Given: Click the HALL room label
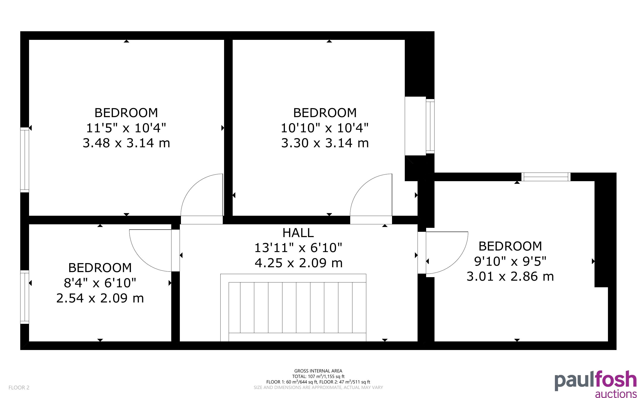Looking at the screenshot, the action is point(298,233).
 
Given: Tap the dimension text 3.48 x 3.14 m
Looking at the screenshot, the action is point(126,143).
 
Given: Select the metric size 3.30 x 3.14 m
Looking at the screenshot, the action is point(325,143).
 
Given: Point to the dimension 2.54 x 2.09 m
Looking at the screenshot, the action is point(100,298).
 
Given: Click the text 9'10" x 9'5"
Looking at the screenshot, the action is point(510,261).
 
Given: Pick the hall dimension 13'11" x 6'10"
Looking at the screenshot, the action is point(298,248).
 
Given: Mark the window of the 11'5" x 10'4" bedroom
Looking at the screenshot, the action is point(24,160).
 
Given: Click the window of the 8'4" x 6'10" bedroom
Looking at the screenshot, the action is point(24,297).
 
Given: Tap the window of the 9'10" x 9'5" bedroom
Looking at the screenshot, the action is point(546,177).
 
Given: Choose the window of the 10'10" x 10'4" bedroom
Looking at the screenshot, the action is point(430,126).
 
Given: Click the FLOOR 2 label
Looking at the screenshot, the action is point(19,387).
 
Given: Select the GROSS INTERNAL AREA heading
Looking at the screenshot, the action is point(318,371).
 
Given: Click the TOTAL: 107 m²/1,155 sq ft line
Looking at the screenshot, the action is point(318,376).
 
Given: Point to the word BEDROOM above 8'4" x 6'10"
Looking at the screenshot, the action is point(100,268).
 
